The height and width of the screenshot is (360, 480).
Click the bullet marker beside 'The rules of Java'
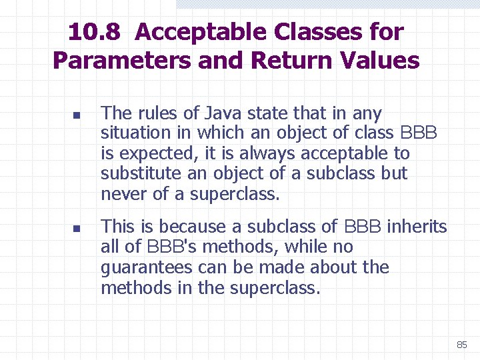77,115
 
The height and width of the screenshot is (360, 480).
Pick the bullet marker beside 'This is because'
77,228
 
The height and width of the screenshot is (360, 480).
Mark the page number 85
461,345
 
